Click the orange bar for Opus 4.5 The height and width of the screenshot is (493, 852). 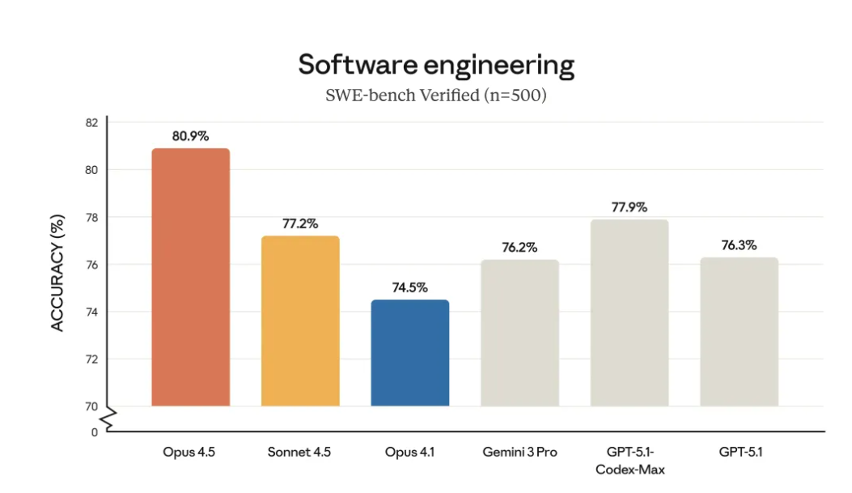coord(190,277)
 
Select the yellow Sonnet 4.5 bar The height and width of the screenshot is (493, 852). coord(300,321)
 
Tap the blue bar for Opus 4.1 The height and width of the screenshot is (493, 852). coord(409,353)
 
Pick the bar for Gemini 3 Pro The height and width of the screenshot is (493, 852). coord(519,333)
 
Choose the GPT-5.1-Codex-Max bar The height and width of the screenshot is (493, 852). coord(629,312)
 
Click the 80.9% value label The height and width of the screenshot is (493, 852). coord(190,136)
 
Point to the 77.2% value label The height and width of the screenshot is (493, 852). coord(300,223)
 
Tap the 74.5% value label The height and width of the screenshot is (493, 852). coord(409,287)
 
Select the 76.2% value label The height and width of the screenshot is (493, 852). coord(519,247)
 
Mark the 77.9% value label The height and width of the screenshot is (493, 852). coord(629,207)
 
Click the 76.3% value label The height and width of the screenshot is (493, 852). coord(739,245)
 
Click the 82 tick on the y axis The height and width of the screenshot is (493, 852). coord(91,123)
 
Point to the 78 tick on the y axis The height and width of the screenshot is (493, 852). coord(91,217)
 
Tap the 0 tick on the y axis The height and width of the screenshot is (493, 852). coord(94,432)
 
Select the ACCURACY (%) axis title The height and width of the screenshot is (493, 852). coord(57,272)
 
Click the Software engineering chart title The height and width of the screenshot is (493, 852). coord(436,64)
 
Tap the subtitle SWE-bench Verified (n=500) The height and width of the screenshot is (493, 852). coord(436,96)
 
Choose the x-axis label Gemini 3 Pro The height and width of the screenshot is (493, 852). coord(519,453)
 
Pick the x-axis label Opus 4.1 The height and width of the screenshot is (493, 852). coord(409,453)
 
